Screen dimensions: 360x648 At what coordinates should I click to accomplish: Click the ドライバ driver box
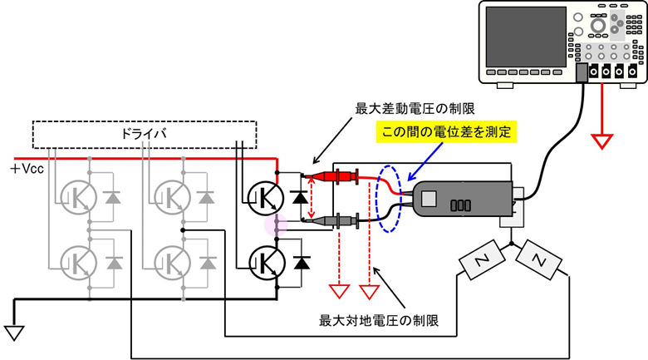[145, 134]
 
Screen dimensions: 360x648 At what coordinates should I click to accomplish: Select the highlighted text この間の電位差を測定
[445, 131]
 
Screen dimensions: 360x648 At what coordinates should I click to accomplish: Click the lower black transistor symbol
[265, 261]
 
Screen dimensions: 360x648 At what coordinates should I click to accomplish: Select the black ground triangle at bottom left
[15, 332]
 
